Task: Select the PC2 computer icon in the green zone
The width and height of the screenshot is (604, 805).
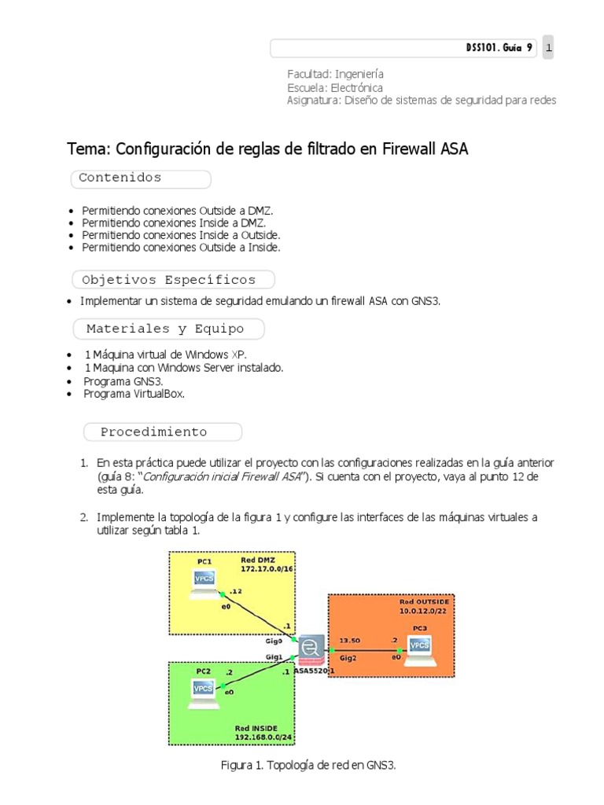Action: coord(204,689)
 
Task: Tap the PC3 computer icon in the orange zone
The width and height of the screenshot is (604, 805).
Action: coord(420,646)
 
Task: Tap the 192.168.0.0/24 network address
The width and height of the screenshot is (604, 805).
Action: coord(263,738)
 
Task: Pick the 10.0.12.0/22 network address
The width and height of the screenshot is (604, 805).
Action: coord(425,610)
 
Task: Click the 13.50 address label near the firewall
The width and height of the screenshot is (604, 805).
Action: coord(350,640)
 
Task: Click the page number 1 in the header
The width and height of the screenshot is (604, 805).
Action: coord(548,49)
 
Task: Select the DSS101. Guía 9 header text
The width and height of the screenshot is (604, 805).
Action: coord(499,49)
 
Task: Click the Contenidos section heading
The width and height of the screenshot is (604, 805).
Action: coord(120,178)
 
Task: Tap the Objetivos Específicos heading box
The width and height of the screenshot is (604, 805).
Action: coord(169,280)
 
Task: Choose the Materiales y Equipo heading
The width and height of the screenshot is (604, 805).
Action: coord(165,329)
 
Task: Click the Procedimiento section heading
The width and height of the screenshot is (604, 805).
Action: coord(154,432)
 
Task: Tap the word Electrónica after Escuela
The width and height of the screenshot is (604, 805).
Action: coord(357,87)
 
